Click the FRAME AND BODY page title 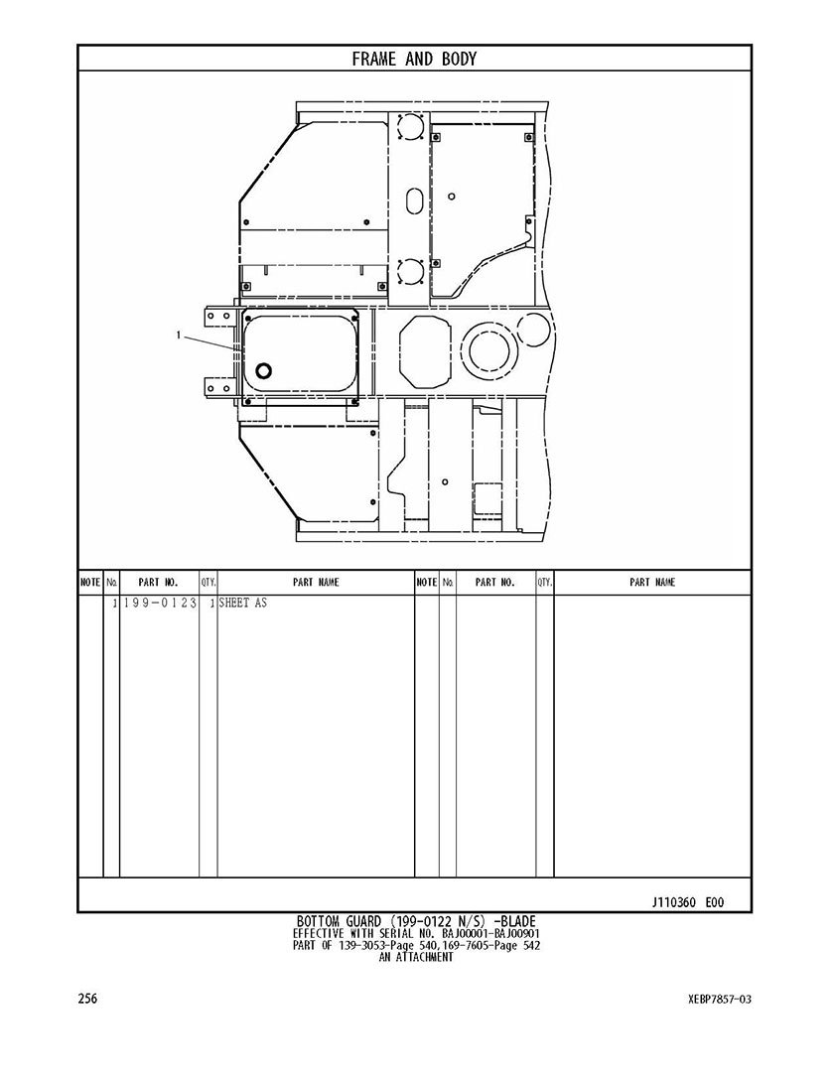coord(414,59)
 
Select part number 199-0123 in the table coord(160,603)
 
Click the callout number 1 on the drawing coord(179,336)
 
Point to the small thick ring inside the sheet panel coord(263,371)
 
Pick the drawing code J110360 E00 coord(688,902)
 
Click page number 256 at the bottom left coord(87,999)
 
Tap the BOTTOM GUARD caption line coord(416,921)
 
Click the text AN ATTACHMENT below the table coord(416,957)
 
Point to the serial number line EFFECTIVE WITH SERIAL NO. coord(416,934)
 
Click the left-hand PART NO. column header coord(158,582)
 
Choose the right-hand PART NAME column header coord(652,582)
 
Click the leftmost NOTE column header coord(90,582)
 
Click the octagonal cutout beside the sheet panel coord(425,351)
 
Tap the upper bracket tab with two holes coord(220,316)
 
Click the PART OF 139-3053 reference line coord(416,946)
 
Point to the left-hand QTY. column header coord(208,582)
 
